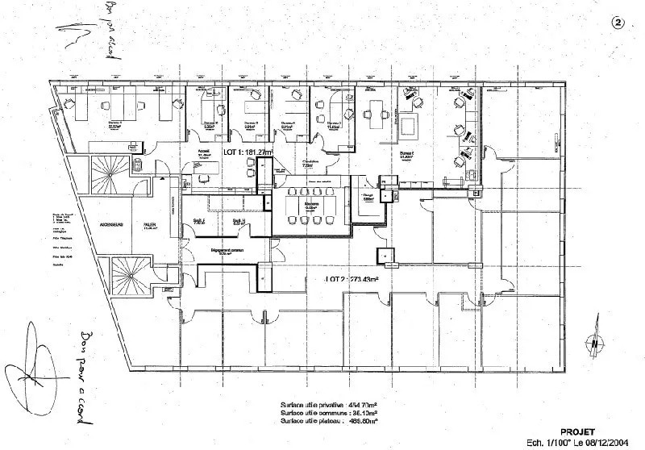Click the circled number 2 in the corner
tap(618, 23)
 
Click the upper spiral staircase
tap(108, 173)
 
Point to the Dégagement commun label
tap(227, 251)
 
